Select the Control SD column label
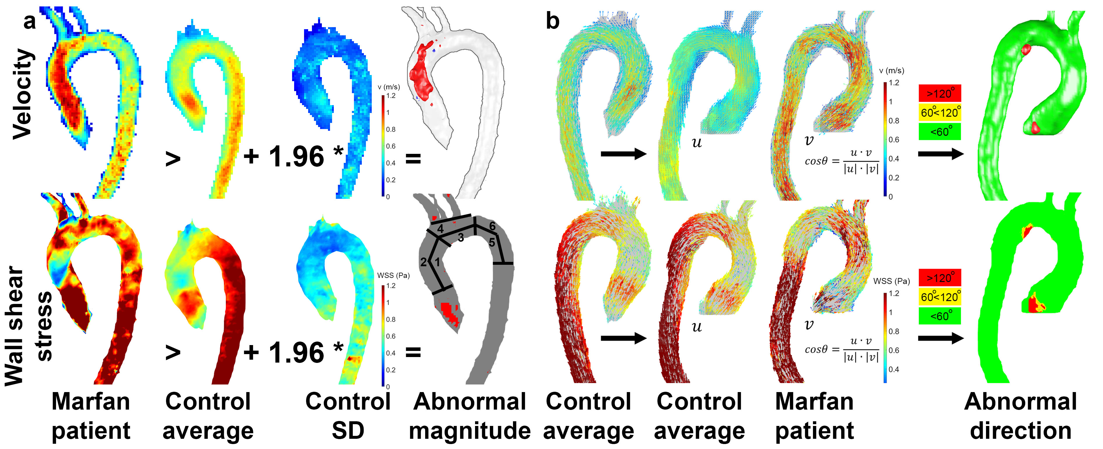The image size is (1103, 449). (348, 416)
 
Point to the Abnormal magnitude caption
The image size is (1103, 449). (470, 416)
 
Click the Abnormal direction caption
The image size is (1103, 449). (1021, 416)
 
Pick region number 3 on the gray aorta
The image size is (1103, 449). (461, 237)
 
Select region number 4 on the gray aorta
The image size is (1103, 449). (440, 229)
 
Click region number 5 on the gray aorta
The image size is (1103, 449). (492, 243)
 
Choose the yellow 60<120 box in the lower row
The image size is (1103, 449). (940, 297)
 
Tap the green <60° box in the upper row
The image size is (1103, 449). (940, 132)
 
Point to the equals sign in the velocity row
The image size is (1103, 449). (413, 159)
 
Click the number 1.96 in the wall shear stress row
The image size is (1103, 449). (296, 353)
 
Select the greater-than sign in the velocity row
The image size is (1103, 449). (173, 159)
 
